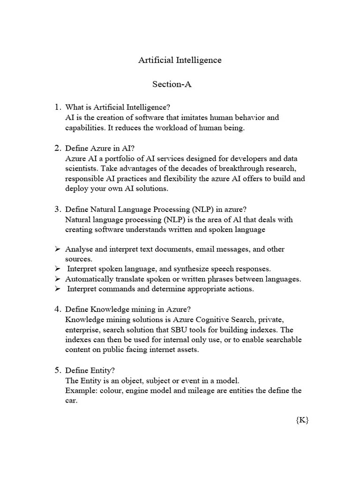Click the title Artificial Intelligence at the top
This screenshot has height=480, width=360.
click(180, 60)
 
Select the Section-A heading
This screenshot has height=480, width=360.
click(172, 84)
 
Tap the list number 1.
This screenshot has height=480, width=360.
click(59, 107)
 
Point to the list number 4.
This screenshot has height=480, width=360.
click(59, 309)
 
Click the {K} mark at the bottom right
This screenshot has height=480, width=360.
click(302, 420)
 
